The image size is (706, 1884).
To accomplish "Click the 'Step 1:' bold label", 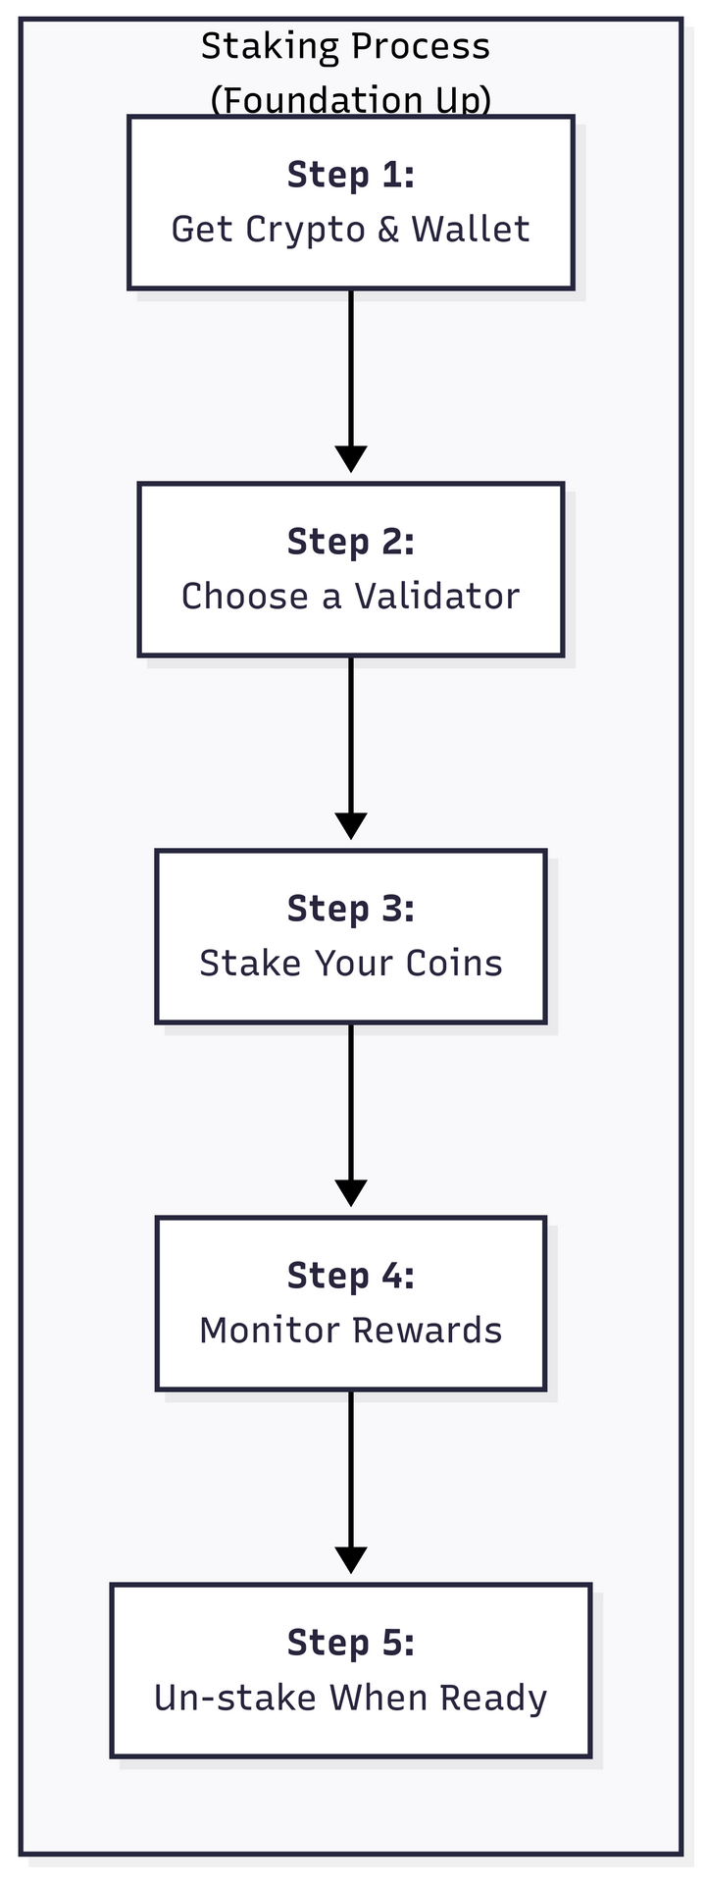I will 351,175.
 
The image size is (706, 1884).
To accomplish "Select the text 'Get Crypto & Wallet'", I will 351,229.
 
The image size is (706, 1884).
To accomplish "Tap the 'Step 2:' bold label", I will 351,542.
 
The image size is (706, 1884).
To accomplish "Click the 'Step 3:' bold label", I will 351,909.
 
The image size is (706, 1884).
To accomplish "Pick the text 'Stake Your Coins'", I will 351,963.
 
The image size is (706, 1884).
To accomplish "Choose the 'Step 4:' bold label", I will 351,1276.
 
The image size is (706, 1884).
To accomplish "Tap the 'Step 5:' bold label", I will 351,1643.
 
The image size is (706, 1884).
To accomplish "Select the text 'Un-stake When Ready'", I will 351,1698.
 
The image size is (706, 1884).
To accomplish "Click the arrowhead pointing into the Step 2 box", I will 351,459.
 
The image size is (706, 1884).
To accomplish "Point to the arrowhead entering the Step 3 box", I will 351,826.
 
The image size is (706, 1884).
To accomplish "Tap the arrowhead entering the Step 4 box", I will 351,1193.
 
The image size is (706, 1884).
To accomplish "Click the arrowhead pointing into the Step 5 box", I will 351,1560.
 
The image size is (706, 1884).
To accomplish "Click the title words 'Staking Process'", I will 345,46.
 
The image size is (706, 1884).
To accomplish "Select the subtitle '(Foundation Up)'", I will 351,99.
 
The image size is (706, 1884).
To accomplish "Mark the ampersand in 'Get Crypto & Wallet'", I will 388,229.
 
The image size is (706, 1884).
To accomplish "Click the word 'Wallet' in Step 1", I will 471,229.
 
